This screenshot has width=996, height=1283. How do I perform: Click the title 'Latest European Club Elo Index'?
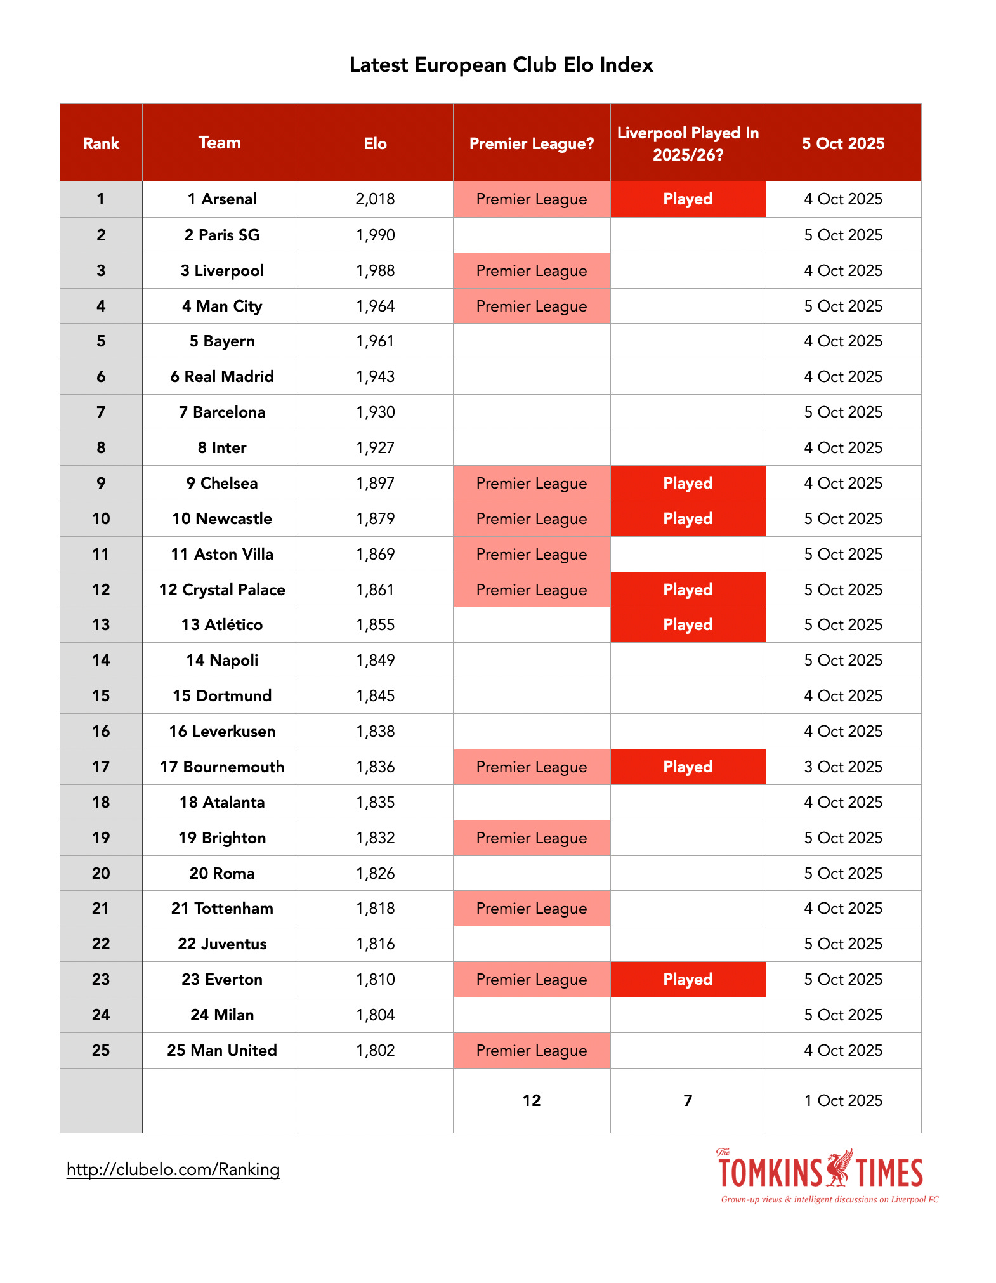501,65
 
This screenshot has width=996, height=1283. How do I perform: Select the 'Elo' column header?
375,143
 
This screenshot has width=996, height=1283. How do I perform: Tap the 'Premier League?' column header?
532,143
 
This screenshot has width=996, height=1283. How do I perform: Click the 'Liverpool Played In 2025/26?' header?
688,143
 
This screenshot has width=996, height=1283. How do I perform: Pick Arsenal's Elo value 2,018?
375,199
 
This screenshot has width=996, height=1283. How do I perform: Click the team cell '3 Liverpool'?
221,271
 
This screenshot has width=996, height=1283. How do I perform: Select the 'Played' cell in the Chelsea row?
688,484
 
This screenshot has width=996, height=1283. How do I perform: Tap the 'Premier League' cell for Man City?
532,306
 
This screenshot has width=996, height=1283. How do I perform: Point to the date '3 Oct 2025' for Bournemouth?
843,767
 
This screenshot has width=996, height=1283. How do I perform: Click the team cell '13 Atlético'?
221,625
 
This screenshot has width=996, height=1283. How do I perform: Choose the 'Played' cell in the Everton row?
688,980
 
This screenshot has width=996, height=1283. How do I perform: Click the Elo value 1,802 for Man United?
375,1051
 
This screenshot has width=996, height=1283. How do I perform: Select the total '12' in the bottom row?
532,1101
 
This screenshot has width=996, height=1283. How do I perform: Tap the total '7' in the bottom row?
688,1101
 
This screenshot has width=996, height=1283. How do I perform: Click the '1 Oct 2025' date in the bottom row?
843,1101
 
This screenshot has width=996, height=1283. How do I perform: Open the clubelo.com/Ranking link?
173,1169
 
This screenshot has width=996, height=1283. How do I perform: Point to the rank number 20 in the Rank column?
101,874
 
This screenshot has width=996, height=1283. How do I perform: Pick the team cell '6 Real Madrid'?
221,377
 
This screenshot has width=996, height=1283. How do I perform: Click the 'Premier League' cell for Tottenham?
532,909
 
